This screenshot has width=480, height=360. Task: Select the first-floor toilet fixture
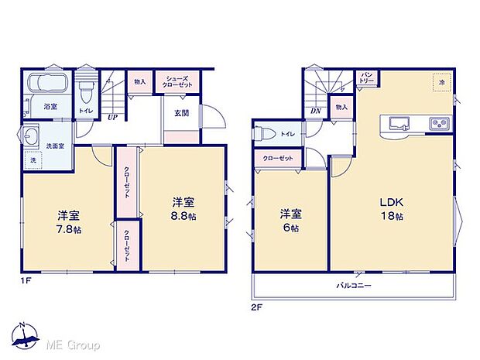pyautogui.click(x=85, y=90)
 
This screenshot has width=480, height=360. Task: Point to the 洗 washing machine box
pyautogui.click(x=33, y=161)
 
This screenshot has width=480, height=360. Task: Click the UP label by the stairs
pyautogui.click(x=113, y=118)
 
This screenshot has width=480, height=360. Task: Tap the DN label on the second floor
pyautogui.click(x=316, y=111)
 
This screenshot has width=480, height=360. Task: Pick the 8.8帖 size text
pyautogui.click(x=183, y=216)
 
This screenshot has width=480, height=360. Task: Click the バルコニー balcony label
pyautogui.click(x=355, y=286)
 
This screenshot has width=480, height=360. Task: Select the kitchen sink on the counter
pyautogui.click(x=401, y=122)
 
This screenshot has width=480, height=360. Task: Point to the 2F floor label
pyautogui.click(x=258, y=306)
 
